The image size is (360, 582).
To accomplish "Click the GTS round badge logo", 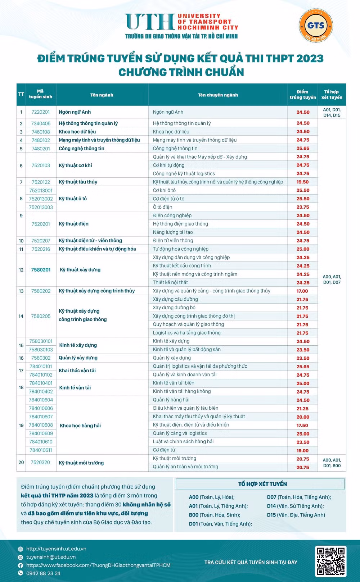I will point(316,26).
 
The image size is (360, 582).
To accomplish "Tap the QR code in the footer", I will point(330,561).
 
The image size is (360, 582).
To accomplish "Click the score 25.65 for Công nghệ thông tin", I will point(303,149).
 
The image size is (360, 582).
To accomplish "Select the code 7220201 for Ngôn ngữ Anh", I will point(41,112).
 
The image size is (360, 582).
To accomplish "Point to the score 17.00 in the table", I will point(302,291).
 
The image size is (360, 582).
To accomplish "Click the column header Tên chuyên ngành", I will point(218,95).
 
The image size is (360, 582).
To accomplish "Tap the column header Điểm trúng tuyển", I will point(302,95).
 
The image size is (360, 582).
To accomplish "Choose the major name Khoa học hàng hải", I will point(80,426).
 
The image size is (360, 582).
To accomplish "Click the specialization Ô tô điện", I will point(162,207).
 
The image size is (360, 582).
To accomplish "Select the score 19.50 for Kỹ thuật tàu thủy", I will point(303,182).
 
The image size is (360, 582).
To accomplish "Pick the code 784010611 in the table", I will point(41,450).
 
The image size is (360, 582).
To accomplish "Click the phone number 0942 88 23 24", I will point(43,573).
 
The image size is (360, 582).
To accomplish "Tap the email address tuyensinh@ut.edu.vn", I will point(51,557).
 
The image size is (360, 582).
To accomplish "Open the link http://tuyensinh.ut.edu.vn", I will point(56,549).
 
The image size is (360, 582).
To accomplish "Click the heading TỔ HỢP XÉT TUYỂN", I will point(262,484).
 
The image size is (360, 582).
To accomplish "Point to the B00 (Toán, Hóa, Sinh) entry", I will point(214,515).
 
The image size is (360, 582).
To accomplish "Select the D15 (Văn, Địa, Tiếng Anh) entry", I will point(296,515).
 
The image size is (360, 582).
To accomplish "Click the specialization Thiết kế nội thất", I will point(170,282).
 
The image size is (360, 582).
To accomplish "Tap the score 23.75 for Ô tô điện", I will point(303,207).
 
